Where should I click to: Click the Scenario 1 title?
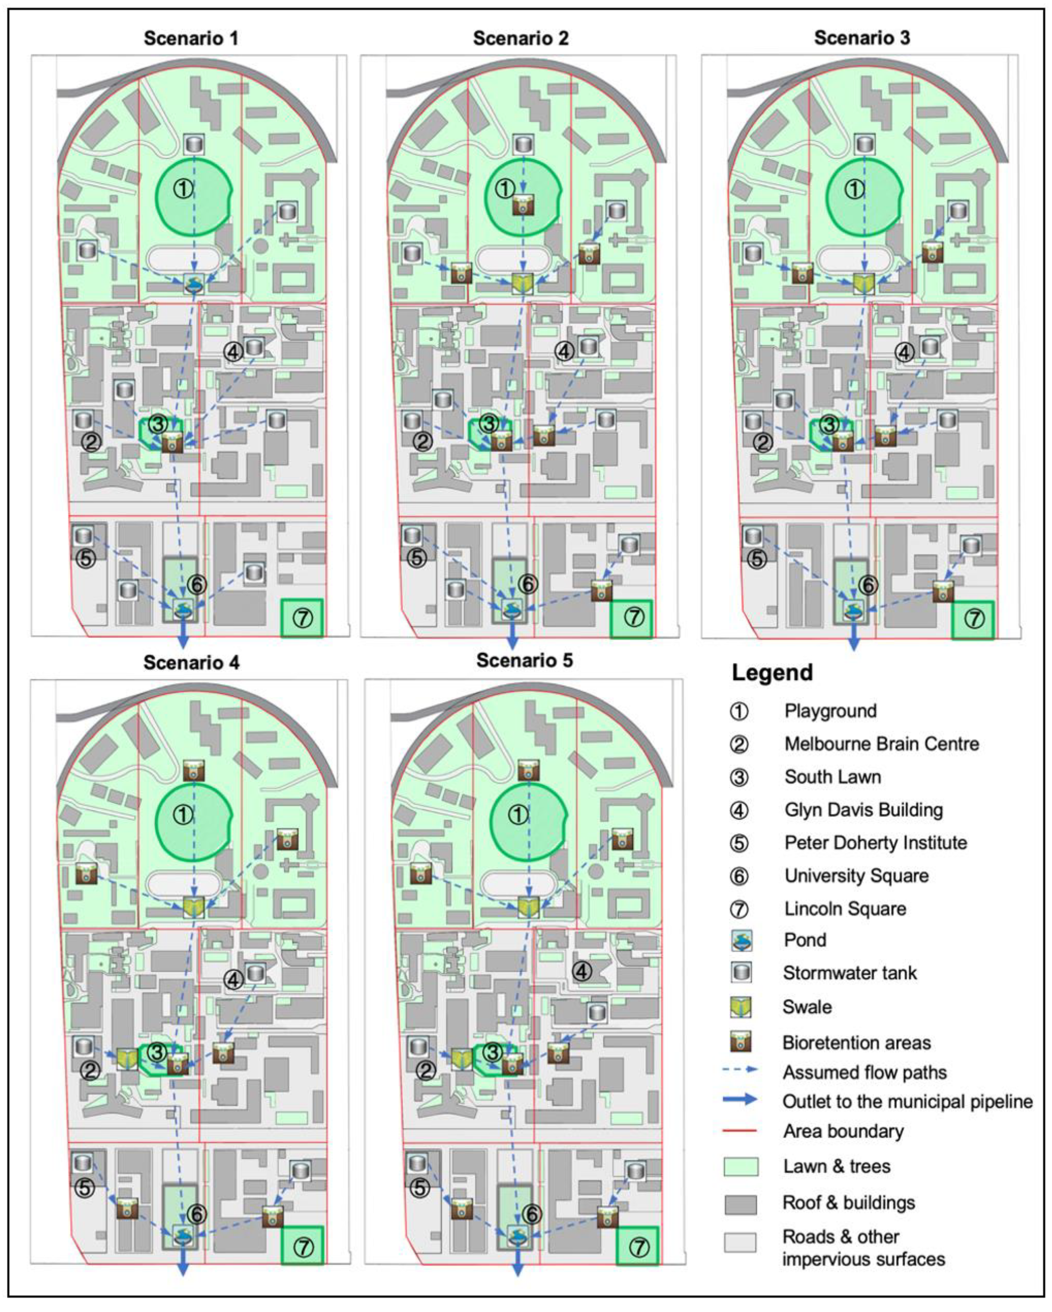click(191, 38)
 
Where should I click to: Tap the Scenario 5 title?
click(524, 660)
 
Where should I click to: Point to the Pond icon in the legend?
click(741, 940)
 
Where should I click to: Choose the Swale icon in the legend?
click(741, 1007)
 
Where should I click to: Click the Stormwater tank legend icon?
click(741, 973)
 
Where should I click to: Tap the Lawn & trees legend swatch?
click(740, 1166)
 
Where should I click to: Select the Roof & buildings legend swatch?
click(740, 1204)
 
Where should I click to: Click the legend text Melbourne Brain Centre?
click(882, 744)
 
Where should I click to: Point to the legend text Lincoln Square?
click(845, 909)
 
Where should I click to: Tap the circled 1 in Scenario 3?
click(854, 189)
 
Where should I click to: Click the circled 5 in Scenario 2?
click(416, 558)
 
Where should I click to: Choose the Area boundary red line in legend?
click(739, 1131)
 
